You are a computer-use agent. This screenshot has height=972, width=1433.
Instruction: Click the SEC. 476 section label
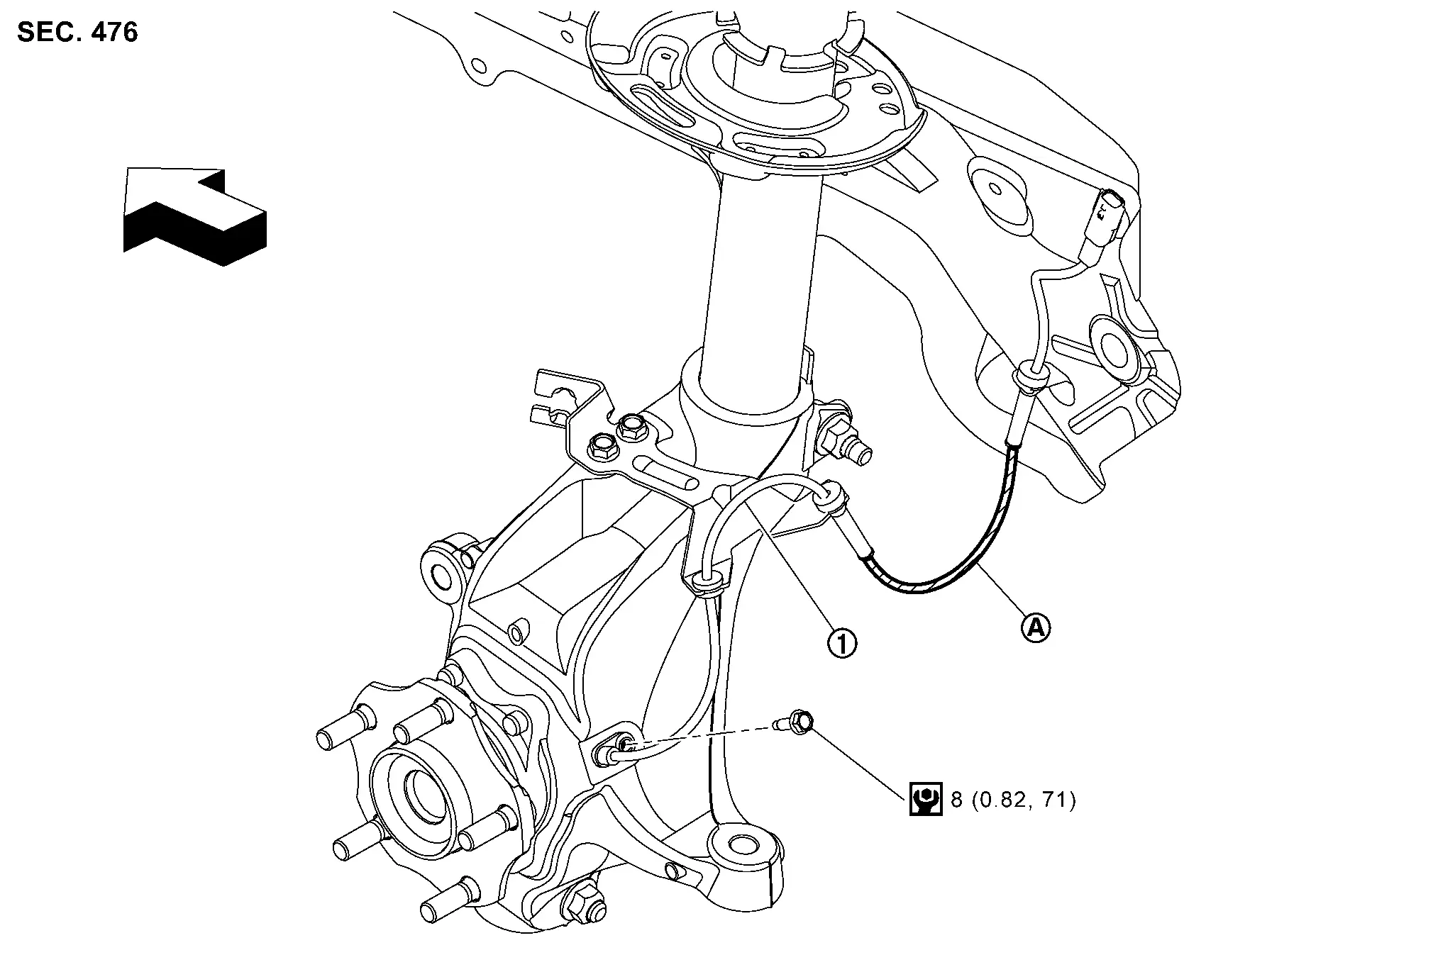point(77,33)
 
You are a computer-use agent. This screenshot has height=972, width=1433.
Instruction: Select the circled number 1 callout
point(842,644)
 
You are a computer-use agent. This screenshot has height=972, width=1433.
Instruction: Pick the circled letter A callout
point(1036,627)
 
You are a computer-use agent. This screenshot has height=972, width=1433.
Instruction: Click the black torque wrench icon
point(925,800)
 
